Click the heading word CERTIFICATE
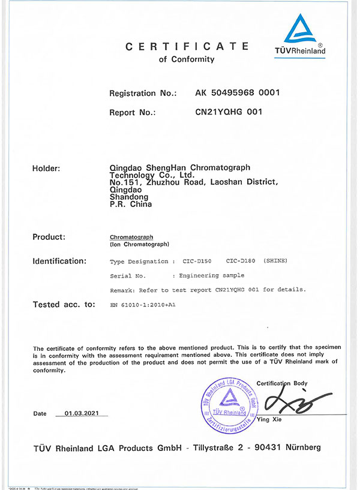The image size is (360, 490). pyautogui.click(x=186, y=46)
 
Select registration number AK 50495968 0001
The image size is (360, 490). pyautogui.click(x=238, y=93)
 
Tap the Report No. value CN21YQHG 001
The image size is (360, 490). pyautogui.click(x=229, y=112)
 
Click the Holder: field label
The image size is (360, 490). pyautogui.click(x=46, y=168)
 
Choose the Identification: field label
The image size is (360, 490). pyautogui.click(x=59, y=261)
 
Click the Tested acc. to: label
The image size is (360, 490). pyautogui.click(x=64, y=305)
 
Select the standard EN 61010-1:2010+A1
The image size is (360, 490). pyautogui.click(x=142, y=305)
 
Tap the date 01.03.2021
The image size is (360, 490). pyautogui.click(x=82, y=414)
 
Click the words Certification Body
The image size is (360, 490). pyautogui.click(x=281, y=383)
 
